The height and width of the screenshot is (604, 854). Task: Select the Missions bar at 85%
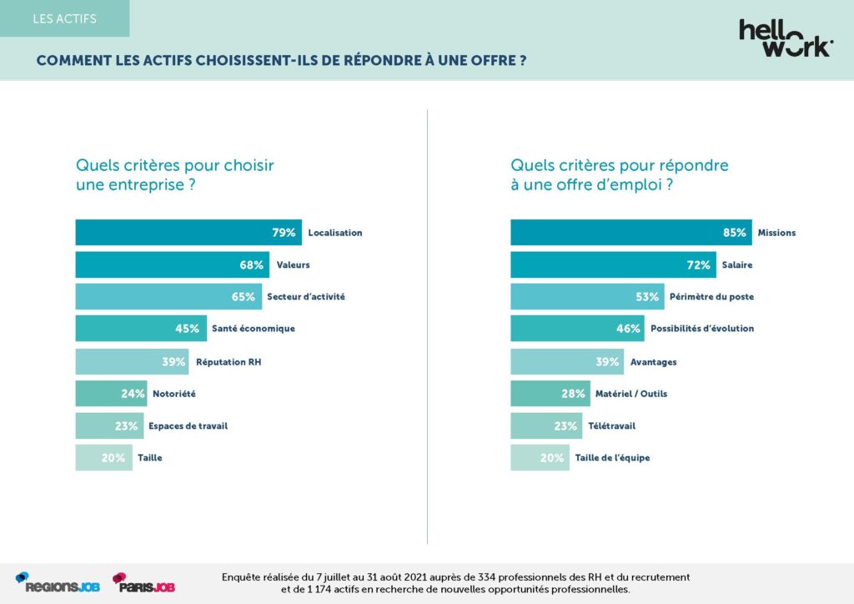630,233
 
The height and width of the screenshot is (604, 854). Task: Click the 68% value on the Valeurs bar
252,265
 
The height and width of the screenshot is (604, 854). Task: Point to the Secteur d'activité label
305,297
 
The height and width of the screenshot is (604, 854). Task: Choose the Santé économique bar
142,329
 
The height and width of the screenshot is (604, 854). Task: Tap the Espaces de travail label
188,425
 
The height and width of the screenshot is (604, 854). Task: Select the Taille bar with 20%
103,458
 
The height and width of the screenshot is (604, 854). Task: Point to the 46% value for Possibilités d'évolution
628,329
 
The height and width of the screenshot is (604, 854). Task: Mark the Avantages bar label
653,361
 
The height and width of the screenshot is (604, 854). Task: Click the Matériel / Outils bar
550,394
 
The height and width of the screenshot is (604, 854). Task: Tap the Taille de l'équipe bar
540,458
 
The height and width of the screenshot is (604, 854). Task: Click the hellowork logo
785,38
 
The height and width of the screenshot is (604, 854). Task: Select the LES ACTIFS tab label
64,18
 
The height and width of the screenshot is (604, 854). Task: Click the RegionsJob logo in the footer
58,583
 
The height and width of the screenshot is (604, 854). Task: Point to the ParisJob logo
143,583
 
